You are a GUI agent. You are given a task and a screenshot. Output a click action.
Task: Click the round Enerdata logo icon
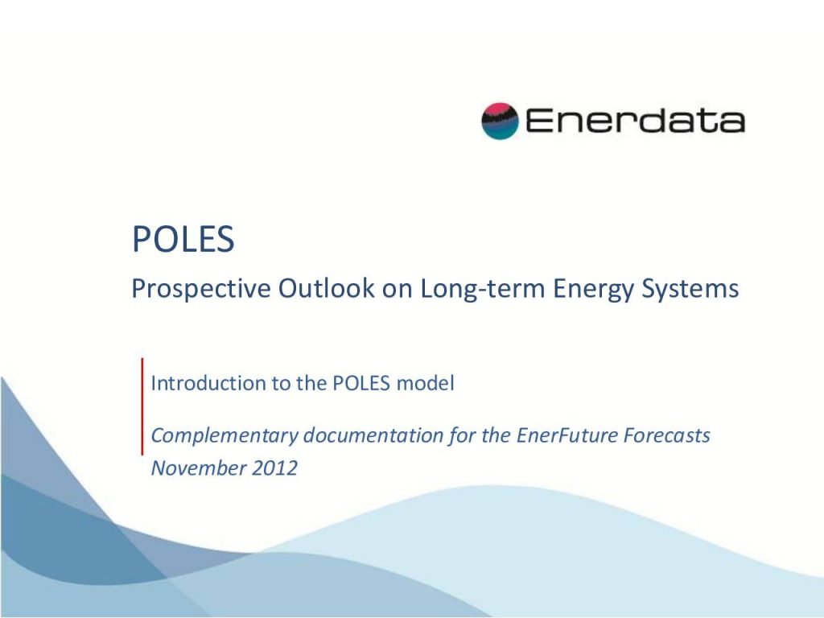click(500, 121)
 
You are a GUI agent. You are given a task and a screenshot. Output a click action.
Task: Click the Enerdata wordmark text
click(635, 121)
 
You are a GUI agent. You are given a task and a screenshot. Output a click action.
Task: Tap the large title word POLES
click(183, 239)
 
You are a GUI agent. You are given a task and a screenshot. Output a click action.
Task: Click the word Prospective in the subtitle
click(201, 289)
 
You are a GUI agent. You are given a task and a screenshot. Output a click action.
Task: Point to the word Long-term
click(483, 289)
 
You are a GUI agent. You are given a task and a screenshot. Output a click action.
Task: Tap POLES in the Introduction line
click(361, 383)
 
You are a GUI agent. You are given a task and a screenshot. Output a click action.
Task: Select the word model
click(425, 383)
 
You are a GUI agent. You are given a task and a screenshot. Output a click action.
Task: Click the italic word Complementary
click(225, 436)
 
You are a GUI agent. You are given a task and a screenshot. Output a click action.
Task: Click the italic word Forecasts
click(667, 435)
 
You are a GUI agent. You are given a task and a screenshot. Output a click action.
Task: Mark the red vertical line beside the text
click(142, 406)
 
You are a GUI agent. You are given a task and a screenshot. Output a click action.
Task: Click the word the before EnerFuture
click(496, 435)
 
